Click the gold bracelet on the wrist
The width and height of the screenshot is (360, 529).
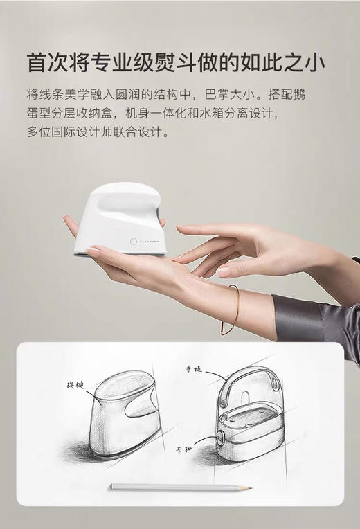tap(233, 305)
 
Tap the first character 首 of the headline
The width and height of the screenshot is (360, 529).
tap(37, 62)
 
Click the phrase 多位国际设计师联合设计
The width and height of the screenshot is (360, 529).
tap(97, 132)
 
